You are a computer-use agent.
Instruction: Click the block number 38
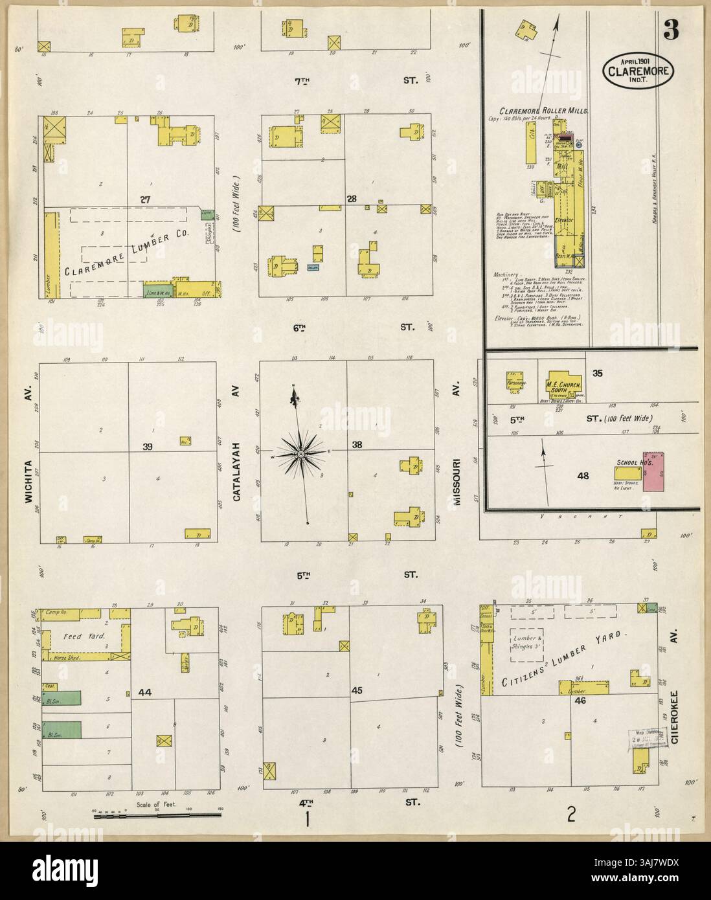point(356,445)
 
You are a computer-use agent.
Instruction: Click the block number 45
point(356,691)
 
